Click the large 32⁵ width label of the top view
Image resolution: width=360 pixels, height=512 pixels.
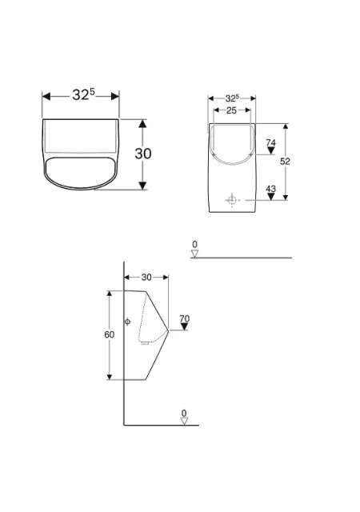pyautogui.click(x=83, y=94)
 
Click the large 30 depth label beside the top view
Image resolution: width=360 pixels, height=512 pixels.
pyautogui.click(x=143, y=154)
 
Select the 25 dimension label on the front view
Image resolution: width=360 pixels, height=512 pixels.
pyautogui.click(x=231, y=110)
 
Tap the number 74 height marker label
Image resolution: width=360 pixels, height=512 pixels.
pyautogui.click(x=271, y=142)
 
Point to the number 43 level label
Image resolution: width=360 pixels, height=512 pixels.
pyautogui.click(x=271, y=189)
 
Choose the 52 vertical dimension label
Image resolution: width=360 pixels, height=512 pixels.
pyautogui.click(x=285, y=161)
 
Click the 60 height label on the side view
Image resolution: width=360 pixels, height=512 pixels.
pyautogui.click(x=109, y=334)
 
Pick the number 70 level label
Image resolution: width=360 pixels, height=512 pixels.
pyautogui.click(x=185, y=318)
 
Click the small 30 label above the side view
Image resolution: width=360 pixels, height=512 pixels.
pyautogui.click(x=146, y=278)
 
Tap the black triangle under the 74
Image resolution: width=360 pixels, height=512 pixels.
pyautogui.click(x=271, y=150)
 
